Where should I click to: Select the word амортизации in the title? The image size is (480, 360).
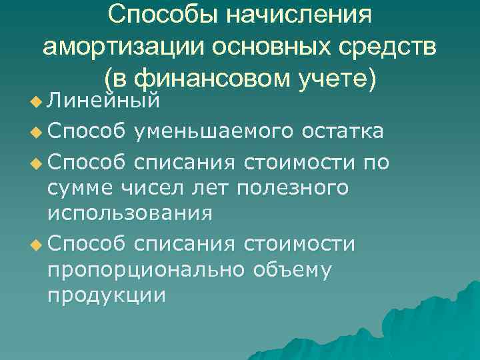click(124, 47)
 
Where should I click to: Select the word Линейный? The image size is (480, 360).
click(104, 103)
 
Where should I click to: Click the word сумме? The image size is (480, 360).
click(83, 188)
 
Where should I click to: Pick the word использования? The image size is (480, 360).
click(130, 215)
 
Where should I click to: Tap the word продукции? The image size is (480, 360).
click(105, 298)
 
